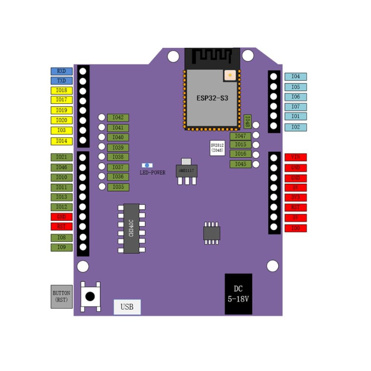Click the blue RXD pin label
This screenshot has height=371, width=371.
[x=61, y=71]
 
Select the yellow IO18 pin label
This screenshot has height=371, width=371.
[x=61, y=91]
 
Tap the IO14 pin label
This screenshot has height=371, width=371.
[x=61, y=141]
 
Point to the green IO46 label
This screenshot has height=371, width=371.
[x=61, y=167]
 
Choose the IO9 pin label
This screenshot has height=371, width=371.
[x=61, y=247]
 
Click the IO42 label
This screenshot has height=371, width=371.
[x=118, y=118]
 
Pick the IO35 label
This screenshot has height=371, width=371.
[x=118, y=187]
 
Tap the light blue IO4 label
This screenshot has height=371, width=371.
[x=295, y=77]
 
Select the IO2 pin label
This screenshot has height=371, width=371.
[x=295, y=127]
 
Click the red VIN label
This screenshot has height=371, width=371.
[x=295, y=157]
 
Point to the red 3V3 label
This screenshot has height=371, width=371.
[x=295, y=198]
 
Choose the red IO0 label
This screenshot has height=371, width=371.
[x=295, y=228]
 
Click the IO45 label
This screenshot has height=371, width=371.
[x=240, y=164]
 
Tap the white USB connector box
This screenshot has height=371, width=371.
[x=127, y=307]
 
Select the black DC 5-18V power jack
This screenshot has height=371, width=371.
[x=238, y=294]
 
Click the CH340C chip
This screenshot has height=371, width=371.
[x=131, y=229]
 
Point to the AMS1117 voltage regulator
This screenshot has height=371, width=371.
[x=185, y=170]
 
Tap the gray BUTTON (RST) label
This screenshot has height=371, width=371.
[x=61, y=296]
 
